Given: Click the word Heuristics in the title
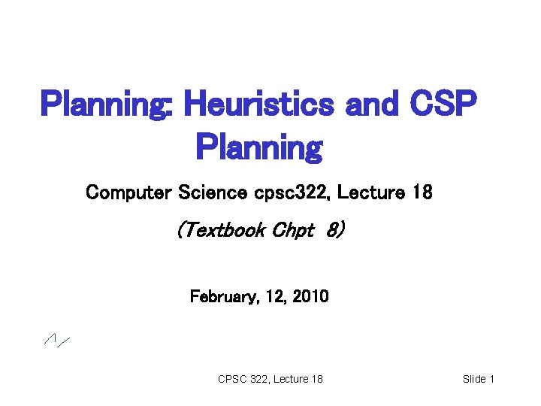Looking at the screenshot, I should (x=258, y=104).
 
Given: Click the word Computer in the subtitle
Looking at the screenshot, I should (x=128, y=193).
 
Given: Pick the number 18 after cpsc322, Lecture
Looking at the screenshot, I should (x=423, y=193).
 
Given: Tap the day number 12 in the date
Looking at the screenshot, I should (x=277, y=297).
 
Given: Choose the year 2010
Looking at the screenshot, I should (x=311, y=297).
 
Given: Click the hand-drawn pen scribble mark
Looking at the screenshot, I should (x=56, y=341).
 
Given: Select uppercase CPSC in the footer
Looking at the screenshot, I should (x=232, y=379).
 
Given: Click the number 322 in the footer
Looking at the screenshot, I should (x=260, y=379).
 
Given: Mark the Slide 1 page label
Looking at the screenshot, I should (x=478, y=379).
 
